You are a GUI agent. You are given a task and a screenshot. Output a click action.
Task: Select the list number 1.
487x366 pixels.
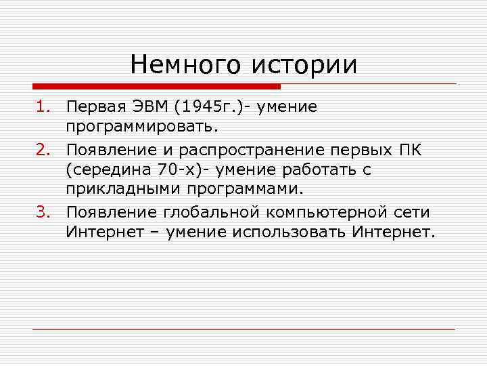[x=43, y=106]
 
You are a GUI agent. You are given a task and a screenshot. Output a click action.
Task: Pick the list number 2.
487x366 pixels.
[x=43, y=149]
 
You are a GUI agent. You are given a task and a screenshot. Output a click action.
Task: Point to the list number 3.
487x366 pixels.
[x=43, y=212]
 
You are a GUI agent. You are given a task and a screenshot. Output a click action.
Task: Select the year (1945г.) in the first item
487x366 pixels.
[x=204, y=106]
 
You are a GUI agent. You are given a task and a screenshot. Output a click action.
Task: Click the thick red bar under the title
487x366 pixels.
[x=156, y=86]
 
